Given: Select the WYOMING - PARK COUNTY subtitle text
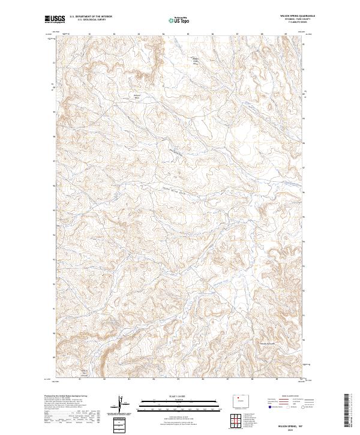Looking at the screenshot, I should (x=298, y=20).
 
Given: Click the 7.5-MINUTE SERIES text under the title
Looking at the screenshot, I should (x=298, y=23).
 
